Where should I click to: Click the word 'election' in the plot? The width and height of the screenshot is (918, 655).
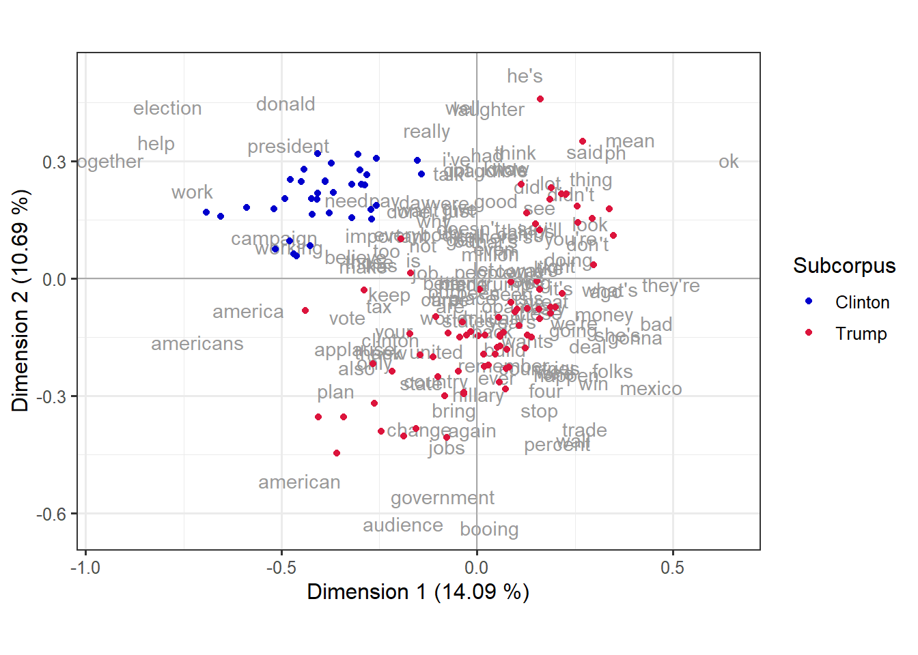pyautogui.click(x=167, y=108)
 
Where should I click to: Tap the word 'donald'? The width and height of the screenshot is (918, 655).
pyautogui.click(x=286, y=104)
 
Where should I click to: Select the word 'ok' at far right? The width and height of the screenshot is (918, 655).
pyautogui.click(x=728, y=162)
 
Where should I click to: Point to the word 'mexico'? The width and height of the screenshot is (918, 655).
pyautogui.click(x=650, y=389)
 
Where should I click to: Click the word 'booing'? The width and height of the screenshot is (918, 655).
pyautogui.click(x=489, y=529)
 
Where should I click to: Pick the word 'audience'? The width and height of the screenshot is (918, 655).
pyautogui.click(x=403, y=525)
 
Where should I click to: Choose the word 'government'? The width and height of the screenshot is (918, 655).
pyautogui.click(x=443, y=498)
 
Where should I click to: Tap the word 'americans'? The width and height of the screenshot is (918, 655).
pyautogui.click(x=197, y=344)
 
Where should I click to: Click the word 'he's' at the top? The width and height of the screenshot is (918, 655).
pyautogui.click(x=525, y=76)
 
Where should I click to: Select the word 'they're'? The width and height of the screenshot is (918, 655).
pyautogui.click(x=671, y=286)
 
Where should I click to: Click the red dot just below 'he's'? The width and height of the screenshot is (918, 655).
pyautogui.click(x=540, y=99)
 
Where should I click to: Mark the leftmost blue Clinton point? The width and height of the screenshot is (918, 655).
pyautogui.click(x=206, y=212)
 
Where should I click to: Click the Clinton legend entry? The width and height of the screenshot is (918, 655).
pyautogui.click(x=862, y=302)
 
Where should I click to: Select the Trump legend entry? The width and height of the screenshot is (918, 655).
pyautogui.click(x=861, y=334)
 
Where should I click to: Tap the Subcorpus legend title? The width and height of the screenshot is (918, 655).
pyautogui.click(x=844, y=266)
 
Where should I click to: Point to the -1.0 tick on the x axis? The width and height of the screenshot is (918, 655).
pyautogui.click(x=85, y=568)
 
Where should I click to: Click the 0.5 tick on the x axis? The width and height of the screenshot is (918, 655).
pyautogui.click(x=672, y=568)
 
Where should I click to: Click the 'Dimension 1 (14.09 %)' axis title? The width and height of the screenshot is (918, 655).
pyautogui.click(x=418, y=592)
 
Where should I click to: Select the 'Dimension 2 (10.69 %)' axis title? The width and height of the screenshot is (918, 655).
pyautogui.click(x=20, y=300)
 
